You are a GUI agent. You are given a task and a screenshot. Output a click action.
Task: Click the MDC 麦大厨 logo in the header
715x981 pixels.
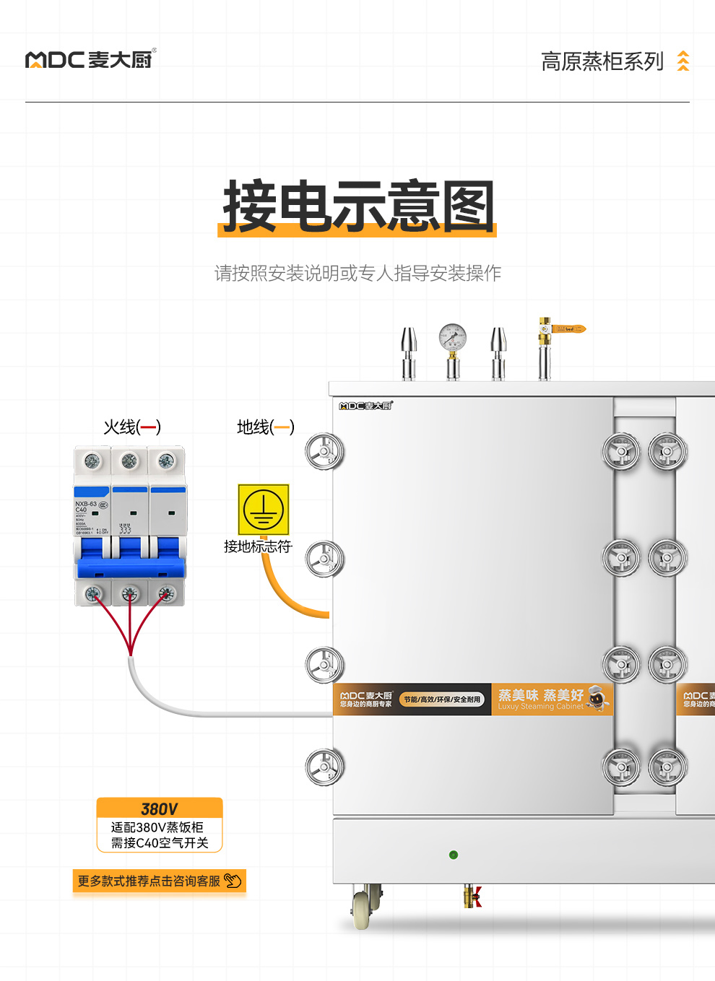90,59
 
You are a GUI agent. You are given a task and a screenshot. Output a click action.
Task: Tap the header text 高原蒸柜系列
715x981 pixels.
602,61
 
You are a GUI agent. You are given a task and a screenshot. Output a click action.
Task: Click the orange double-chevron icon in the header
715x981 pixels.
682,61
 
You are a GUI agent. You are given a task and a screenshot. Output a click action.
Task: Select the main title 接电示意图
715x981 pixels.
357,207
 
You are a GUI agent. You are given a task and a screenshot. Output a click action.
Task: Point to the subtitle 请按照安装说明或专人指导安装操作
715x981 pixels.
357,273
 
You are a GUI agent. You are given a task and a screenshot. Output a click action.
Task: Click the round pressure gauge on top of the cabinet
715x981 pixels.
453,337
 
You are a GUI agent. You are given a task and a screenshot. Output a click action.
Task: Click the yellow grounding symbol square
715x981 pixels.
264,510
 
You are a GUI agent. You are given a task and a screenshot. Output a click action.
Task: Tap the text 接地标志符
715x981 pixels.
258,546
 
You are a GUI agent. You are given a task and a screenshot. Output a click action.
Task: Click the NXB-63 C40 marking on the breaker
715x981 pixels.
85,507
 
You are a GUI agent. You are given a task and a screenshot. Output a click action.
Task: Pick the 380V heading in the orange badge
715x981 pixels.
160,808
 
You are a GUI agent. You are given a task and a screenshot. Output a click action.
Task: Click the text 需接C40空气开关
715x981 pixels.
160,842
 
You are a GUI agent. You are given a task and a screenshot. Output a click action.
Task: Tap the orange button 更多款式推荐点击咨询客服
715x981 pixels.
160,881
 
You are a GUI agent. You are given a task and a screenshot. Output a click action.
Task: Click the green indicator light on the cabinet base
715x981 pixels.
454,855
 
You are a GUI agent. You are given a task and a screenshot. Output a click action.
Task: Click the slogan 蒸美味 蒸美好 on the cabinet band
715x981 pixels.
540,695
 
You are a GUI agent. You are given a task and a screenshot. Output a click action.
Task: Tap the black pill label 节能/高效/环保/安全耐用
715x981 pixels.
441,699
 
